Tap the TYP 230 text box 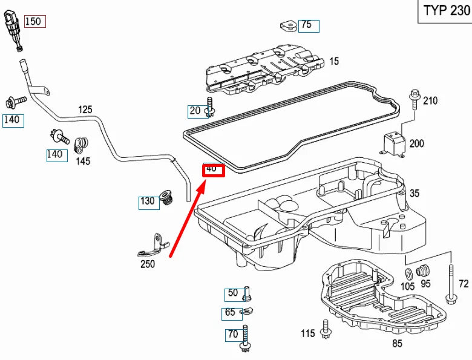446,11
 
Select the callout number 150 34,21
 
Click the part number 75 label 307,25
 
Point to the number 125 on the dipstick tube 85,110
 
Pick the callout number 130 148,201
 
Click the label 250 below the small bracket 148,264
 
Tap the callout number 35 415,194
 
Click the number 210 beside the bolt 430,100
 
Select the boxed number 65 230,313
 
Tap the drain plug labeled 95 423,269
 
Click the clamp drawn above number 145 80,144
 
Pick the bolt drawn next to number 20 210,107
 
